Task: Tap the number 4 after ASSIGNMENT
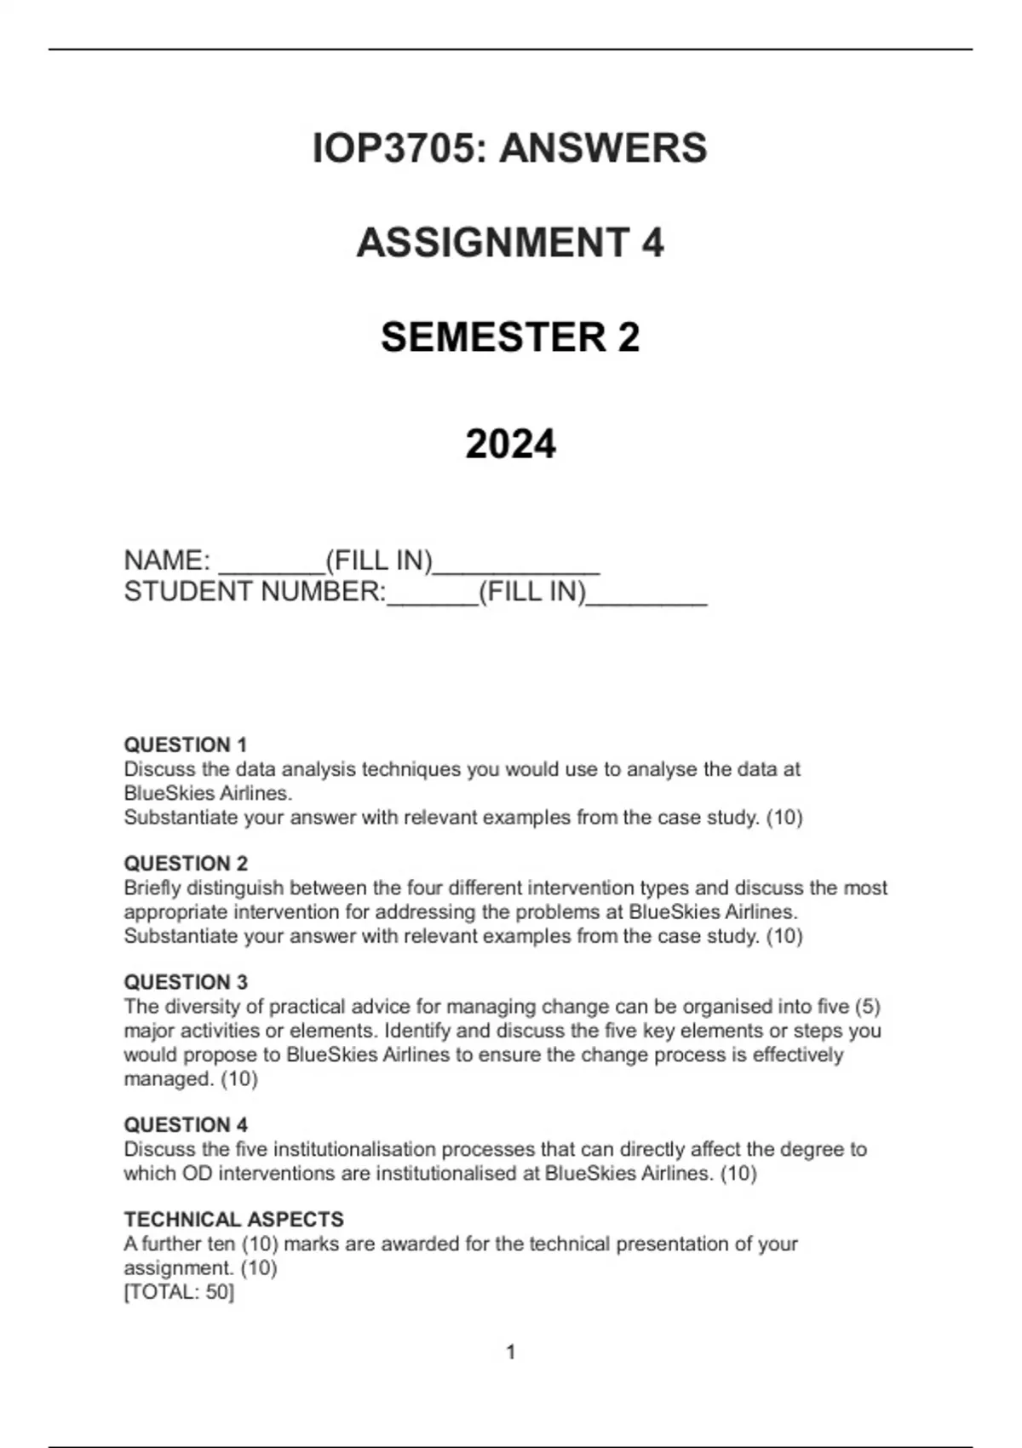click(x=652, y=243)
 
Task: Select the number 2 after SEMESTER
click(x=629, y=337)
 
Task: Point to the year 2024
click(x=510, y=444)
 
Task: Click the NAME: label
click(x=167, y=560)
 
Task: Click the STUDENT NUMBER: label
click(x=255, y=591)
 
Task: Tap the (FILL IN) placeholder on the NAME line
click(x=379, y=560)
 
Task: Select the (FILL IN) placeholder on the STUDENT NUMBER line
click(x=532, y=591)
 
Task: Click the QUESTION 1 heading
click(x=186, y=744)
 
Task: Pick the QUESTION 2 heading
click(x=186, y=863)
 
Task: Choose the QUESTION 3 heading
click(x=186, y=981)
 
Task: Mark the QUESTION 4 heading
click(x=186, y=1124)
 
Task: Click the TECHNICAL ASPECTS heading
click(x=233, y=1219)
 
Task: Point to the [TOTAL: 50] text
click(x=179, y=1291)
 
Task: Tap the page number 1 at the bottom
click(x=511, y=1352)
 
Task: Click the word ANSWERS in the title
click(x=603, y=148)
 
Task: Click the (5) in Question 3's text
click(x=867, y=1006)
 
